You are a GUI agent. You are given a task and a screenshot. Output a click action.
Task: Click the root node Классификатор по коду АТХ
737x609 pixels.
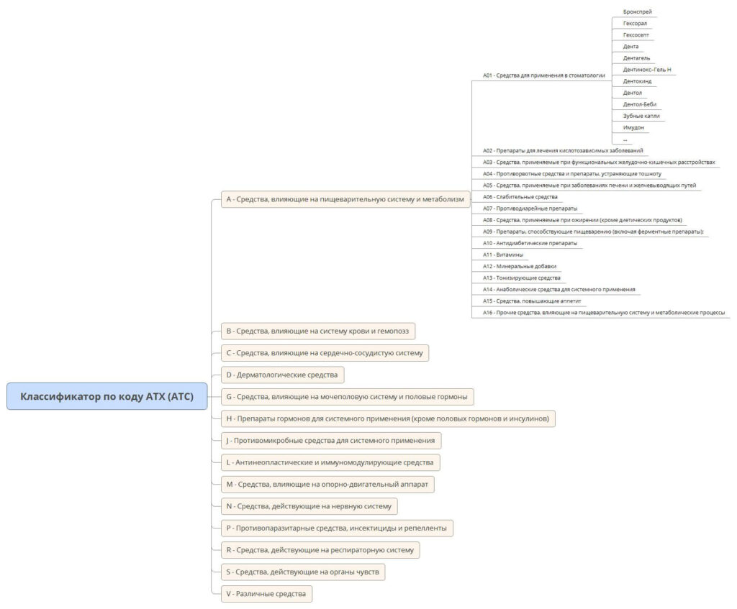[x=107, y=396]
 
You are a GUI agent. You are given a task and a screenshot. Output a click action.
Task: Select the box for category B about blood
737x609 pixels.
[x=317, y=331]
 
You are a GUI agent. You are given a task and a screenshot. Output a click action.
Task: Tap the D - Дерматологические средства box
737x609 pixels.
[x=282, y=375]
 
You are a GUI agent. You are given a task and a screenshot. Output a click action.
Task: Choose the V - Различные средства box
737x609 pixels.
[x=266, y=594]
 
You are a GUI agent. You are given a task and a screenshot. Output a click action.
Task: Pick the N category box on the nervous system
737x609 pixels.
[x=309, y=506]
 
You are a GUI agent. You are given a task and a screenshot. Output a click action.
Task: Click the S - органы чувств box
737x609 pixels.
[x=303, y=572]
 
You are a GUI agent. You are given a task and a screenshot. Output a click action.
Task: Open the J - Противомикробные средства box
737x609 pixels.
[x=331, y=441]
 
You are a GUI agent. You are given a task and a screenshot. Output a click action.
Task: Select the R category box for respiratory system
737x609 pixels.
[x=320, y=550]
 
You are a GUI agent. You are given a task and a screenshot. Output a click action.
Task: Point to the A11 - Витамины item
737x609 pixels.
[x=503, y=255]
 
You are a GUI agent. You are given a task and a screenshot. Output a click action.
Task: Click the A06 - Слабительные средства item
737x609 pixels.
[x=520, y=197]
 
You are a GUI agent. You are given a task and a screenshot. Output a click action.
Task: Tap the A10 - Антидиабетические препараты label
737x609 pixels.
[x=530, y=243]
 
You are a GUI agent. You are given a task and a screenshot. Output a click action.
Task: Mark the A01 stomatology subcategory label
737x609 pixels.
[x=544, y=75]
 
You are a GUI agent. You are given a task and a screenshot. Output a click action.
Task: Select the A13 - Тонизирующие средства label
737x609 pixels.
[x=521, y=278]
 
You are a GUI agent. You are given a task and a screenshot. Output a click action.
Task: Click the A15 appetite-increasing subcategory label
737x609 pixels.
[x=532, y=301]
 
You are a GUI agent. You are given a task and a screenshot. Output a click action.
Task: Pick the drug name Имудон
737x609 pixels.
[x=633, y=128]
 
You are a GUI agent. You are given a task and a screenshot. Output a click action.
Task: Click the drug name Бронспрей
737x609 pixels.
[x=638, y=12]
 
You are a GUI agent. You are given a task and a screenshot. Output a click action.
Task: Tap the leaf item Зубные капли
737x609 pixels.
[x=641, y=116]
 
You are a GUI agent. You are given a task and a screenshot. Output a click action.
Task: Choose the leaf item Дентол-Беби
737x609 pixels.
[x=640, y=104]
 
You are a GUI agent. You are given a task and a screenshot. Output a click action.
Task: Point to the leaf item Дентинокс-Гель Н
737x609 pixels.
[x=647, y=70]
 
